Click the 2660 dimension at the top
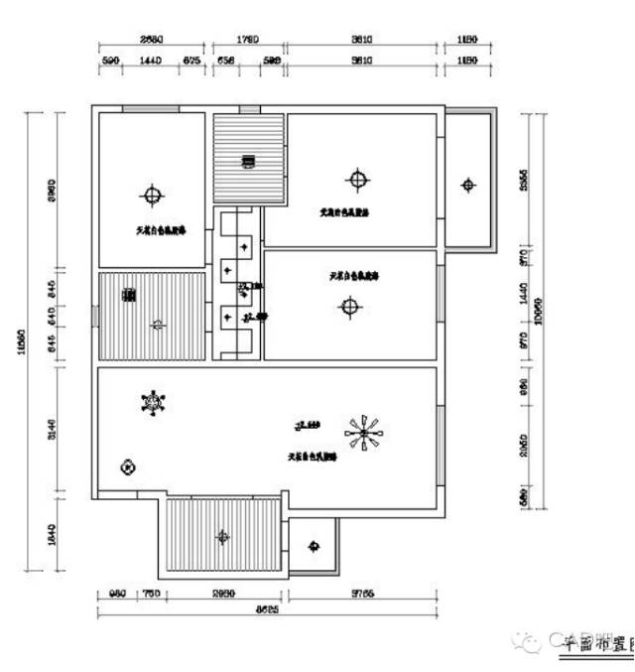point(151,40)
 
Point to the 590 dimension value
point(111,62)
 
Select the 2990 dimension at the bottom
point(223,594)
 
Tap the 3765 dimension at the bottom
point(362,594)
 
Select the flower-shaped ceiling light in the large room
point(154,402)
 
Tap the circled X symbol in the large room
point(127,467)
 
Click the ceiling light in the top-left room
point(151,194)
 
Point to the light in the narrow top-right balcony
point(468,184)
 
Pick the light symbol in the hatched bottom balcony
point(222,536)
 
